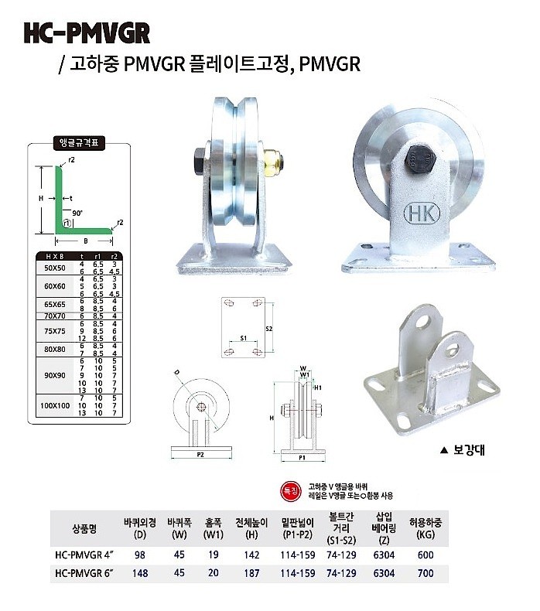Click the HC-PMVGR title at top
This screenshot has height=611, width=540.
pyautogui.click(x=86, y=32)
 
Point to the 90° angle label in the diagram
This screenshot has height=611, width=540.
pyautogui.click(x=77, y=212)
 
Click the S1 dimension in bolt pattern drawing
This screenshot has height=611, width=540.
pyautogui.click(x=243, y=338)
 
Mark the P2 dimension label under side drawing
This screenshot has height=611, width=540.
pyautogui.click(x=200, y=456)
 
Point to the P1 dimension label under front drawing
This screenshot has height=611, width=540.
pyautogui.click(x=302, y=458)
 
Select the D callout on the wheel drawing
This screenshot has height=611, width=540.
pyautogui.click(x=177, y=372)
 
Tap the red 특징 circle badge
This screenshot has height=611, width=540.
pyautogui.click(x=288, y=489)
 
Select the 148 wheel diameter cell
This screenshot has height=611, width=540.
pyautogui.click(x=140, y=573)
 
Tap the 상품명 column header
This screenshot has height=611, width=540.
pyautogui.click(x=85, y=527)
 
